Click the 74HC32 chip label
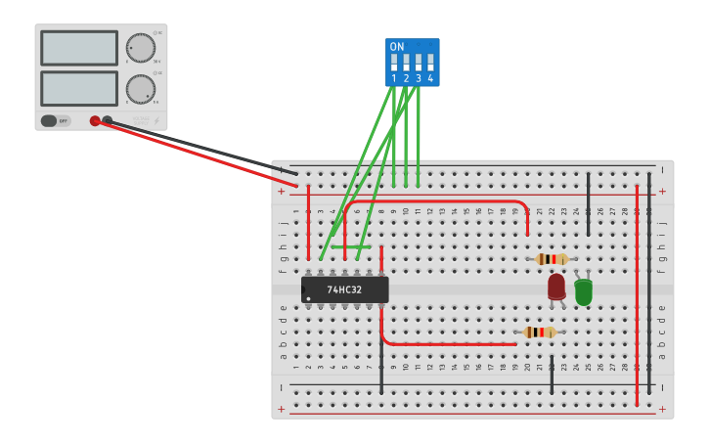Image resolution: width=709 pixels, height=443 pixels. pyautogui.click(x=344, y=289)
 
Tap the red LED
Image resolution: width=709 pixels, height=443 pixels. pyautogui.click(x=556, y=287)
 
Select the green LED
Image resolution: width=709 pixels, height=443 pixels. pyautogui.click(x=584, y=291)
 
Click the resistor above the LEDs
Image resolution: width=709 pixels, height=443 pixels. pyautogui.click(x=553, y=259)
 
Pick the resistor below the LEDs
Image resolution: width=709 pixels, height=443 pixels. pyautogui.click(x=540, y=332)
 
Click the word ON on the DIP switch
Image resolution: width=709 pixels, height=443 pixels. pyautogui.click(x=396, y=47)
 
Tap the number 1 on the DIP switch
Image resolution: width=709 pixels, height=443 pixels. pyautogui.click(x=394, y=78)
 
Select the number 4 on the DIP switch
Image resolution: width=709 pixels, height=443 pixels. pyautogui.click(x=430, y=78)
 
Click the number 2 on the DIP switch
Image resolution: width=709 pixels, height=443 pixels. pyautogui.click(x=406, y=78)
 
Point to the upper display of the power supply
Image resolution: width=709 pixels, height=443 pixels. pyautogui.click(x=79, y=48)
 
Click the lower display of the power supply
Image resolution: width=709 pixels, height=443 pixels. pyautogui.click(x=79, y=88)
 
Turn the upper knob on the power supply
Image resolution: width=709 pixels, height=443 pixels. pyautogui.click(x=141, y=48)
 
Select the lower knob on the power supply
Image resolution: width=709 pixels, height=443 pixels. pyautogui.click(x=141, y=89)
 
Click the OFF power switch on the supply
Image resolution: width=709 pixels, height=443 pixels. pyautogui.click(x=55, y=121)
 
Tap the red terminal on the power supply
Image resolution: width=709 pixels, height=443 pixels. pyautogui.click(x=95, y=121)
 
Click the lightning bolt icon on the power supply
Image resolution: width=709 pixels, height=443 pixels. pyautogui.click(x=156, y=121)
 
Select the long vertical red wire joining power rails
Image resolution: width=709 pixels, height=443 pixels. pyautogui.click(x=637, y=293)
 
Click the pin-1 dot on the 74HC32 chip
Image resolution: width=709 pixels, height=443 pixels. pyautogui.click(x=308, y=298)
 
